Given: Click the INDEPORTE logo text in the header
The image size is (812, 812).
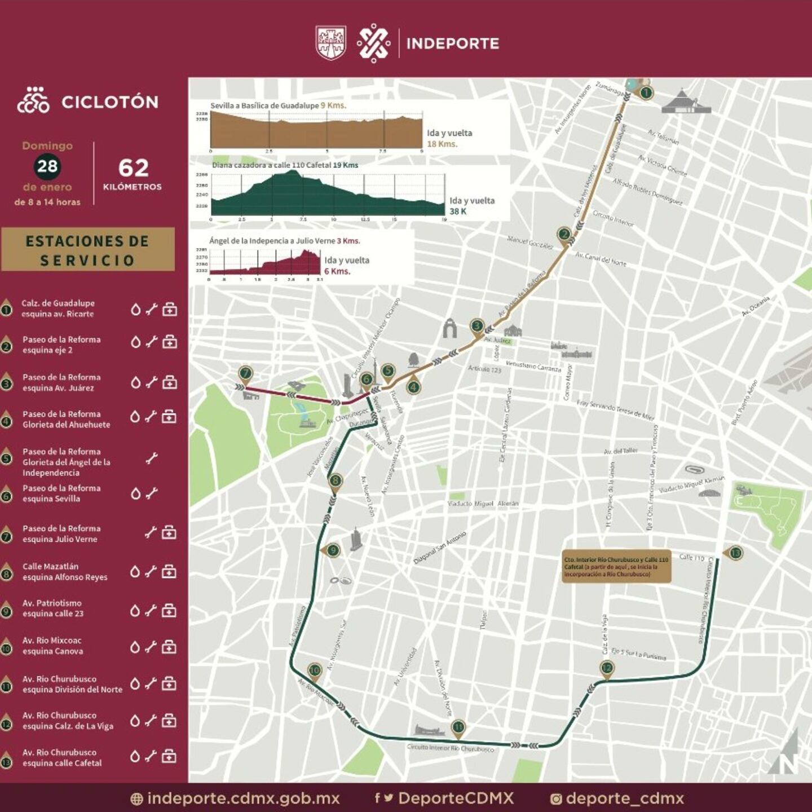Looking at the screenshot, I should [x=452, y=43].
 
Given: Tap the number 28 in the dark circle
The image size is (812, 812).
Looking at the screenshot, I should [x=47, y=166].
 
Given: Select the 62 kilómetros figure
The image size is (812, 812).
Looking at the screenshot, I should [x=133, y=168].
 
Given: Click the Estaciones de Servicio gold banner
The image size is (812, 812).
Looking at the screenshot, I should [x=87, y=250].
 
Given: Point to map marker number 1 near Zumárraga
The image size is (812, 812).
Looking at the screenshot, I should [x=646, y=92].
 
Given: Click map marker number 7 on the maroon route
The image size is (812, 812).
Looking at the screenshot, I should [x=245, y=373].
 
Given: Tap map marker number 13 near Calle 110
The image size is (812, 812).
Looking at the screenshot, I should [x=735, y=553].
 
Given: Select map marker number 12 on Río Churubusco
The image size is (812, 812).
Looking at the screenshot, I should [x=607, y=668].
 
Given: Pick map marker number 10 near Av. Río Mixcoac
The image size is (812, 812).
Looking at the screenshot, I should [x=314, y=670].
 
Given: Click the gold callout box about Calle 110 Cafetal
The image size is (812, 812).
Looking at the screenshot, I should [x=616, y=566].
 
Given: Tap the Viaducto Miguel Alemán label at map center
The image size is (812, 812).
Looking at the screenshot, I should [x=483, y=504].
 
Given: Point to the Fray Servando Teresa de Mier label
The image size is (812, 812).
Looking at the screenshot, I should [x=615, y=410].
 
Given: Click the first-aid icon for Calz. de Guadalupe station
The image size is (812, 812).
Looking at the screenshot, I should [x=170, y=309].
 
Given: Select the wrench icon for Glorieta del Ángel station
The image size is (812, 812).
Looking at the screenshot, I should [x=151, y=458].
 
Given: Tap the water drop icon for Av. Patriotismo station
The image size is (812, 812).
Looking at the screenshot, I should [x=135, y=611].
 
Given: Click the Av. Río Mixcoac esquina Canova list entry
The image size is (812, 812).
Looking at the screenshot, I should [x=52, y=646].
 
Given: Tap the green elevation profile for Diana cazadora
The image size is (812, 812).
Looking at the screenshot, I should [x=327, y=195].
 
